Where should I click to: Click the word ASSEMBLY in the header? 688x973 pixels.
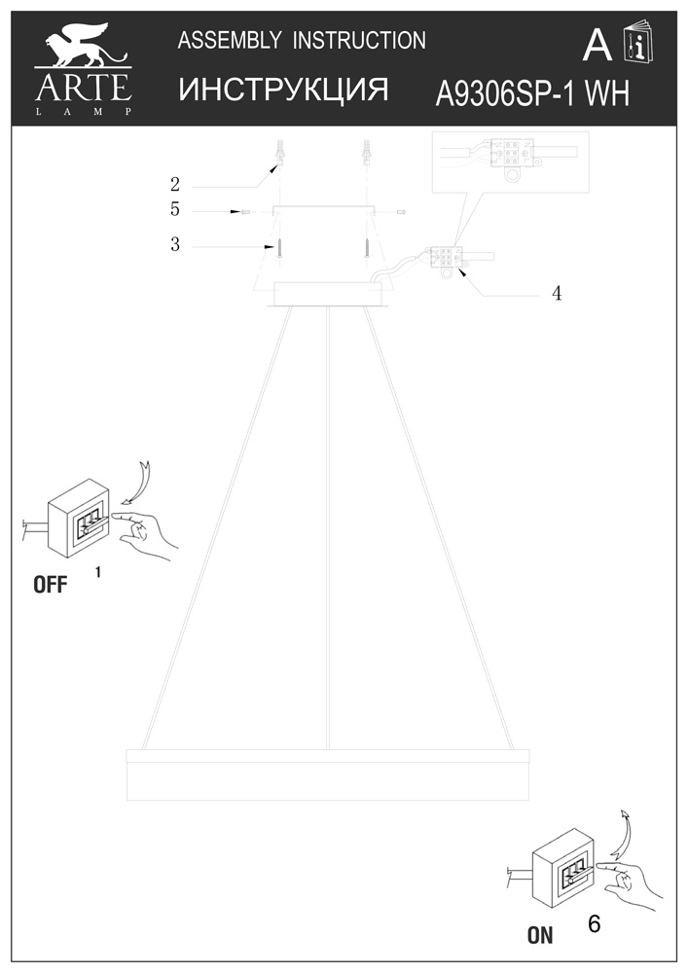pyautogui.click(x=230, y=41)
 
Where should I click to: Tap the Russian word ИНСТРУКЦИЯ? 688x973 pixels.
pyautogui.click(x=283, y=90)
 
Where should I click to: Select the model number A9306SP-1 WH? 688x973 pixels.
pyautogui.click(x=532, y=94)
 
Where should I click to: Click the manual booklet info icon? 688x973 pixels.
pyautogui.click(x=638, y=42)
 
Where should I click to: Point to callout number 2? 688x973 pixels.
pyautogui.click(x=175, y=184)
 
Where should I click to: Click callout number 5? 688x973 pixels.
pyautogui.click(x=175, y=210)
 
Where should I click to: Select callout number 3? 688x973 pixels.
pyautogui.click(x=175, y=244)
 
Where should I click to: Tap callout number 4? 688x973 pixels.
pyautogui.click(x=557, y=294)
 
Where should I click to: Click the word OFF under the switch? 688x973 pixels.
pyautogui.click(x=51, y=585)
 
